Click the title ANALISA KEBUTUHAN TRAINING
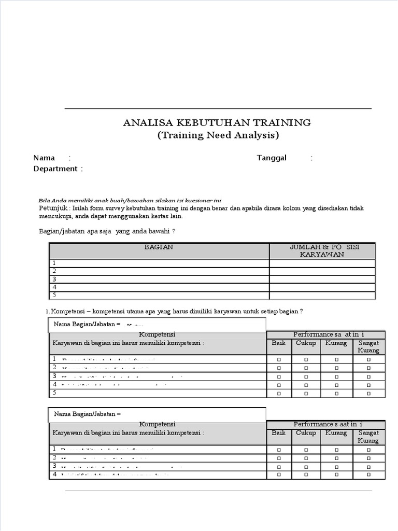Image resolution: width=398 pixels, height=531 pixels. tap(217, 123)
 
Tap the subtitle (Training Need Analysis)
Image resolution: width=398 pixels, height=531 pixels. tap(218, 135)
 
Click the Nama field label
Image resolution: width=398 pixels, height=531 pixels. tap(44, 158)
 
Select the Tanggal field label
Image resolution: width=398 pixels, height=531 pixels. tap(272, 158)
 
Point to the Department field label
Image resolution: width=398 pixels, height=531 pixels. tap(55, 169)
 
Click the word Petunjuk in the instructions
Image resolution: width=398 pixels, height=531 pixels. tap(53, 208)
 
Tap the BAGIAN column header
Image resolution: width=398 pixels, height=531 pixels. tap(159, 247)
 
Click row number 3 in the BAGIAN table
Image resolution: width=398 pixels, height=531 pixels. tap(54, 279)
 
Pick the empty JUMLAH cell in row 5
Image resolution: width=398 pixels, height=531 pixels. tap(322, 296)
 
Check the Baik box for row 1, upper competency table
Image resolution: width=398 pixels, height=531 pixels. tap(279, 359)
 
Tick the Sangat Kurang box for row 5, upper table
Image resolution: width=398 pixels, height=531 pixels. tap(368, 394)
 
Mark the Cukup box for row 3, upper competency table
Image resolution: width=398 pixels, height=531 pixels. tap(306, 376)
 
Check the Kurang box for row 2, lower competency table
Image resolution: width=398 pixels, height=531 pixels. tap(336, 458)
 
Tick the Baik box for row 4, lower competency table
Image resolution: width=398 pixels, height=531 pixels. tap(279, 474)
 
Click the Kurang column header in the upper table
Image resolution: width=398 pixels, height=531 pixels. tap(336, 343)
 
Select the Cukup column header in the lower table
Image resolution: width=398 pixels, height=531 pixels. tap(306, 432)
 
